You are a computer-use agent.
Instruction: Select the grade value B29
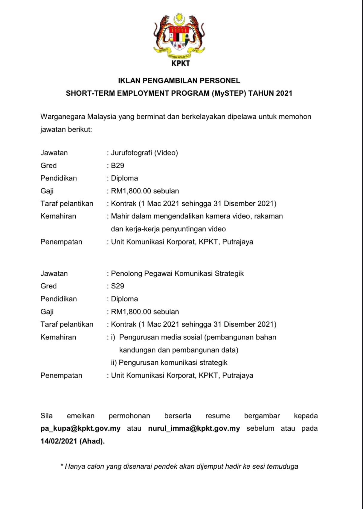click(x=118, y=166)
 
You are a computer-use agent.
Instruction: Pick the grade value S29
click(x=118, y=286)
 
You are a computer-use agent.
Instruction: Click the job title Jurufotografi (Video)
click(x=144, y=153)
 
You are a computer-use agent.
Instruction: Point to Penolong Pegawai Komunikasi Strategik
click(x=177, y=273)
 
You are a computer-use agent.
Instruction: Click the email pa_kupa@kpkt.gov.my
click(x=80, y=428)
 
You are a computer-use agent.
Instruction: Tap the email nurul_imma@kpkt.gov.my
click(x=194, y=428)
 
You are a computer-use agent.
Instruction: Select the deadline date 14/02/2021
click(x=59, y=441)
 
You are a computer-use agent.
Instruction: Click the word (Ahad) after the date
click(x=92, y=441)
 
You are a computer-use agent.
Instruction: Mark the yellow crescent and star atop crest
click(x=179, y=19)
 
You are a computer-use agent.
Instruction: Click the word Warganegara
click(x=63, y=117)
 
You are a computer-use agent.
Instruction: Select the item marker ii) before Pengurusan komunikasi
click(x=114, y=363)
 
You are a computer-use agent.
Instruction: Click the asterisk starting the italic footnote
click(x=62, y=466)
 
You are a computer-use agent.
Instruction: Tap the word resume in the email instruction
click(x=217, y=416)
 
